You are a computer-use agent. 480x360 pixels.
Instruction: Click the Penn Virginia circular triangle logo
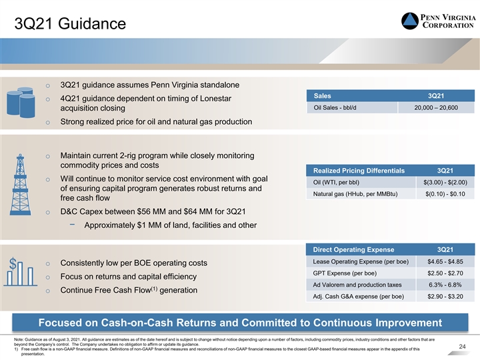409,21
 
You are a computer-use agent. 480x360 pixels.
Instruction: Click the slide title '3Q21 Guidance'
70,23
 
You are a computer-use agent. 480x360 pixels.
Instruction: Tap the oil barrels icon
21,102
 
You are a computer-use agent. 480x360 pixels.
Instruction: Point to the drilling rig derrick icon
21,185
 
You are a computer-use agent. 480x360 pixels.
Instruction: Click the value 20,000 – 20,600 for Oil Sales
436,108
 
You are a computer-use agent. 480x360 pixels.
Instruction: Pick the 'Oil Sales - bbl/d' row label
335,108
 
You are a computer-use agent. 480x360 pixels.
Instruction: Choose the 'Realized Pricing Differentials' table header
359,171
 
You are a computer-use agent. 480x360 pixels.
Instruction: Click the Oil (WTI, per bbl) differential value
445,183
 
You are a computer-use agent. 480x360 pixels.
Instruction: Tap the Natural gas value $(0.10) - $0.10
445,194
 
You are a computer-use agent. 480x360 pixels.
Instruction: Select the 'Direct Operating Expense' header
353,249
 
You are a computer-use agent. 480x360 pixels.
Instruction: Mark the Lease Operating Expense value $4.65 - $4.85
445,262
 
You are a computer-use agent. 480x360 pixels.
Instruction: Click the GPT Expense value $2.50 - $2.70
445,273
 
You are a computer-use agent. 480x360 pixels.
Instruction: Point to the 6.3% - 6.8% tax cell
445,285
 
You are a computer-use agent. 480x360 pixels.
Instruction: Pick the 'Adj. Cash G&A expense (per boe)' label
359,297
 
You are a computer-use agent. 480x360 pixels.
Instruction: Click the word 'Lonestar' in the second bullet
215,99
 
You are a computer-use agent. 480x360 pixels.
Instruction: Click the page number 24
462,347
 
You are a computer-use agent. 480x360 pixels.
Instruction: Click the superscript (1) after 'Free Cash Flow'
154,289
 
